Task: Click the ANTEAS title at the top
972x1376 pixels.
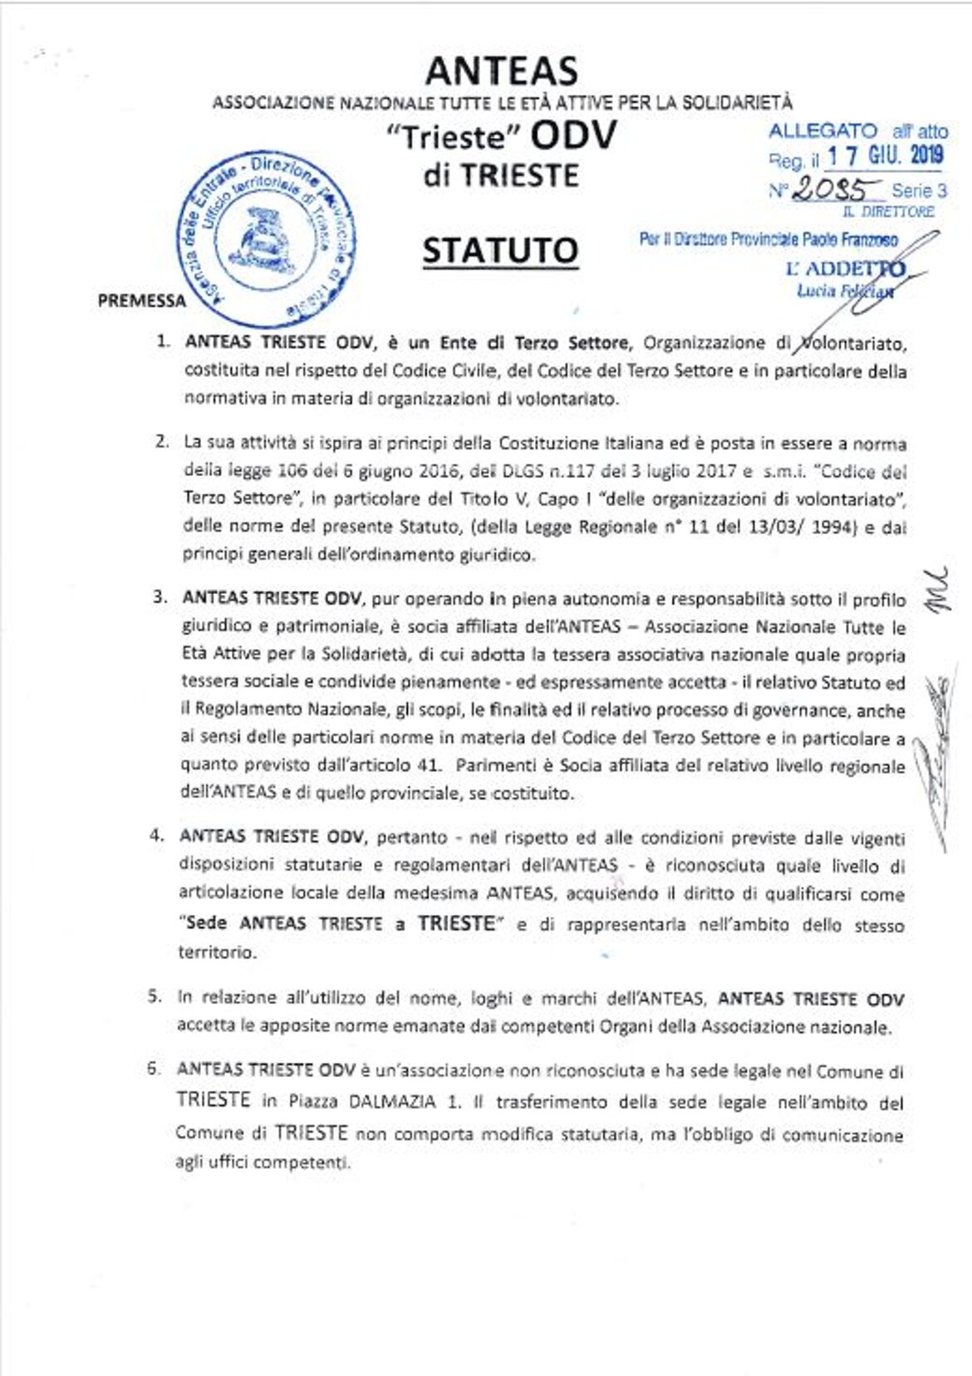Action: click(501, 71)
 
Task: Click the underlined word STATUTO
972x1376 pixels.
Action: click(500, 250)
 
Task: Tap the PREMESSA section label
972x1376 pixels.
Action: click(141, 301)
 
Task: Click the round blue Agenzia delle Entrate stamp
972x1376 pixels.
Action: click(270, 239)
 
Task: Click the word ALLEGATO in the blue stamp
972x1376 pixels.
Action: click(822, 131)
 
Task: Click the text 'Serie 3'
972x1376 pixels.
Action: click(919, 190)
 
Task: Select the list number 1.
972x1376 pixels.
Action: click(164, 341)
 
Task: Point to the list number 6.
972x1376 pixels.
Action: click(154, 1069)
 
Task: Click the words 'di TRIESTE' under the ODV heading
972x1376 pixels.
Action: click(500, 175)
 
